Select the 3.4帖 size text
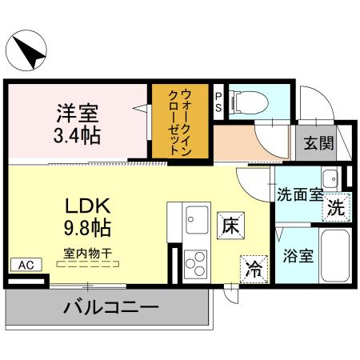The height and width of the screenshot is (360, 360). (78, 136)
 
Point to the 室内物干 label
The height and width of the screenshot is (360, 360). (89, 253)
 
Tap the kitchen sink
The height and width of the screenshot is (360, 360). (194, 216)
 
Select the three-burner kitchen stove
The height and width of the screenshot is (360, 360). (194, 261)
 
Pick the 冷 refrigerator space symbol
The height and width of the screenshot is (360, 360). (254, 268)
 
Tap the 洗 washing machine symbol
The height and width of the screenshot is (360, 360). (336, 207)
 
